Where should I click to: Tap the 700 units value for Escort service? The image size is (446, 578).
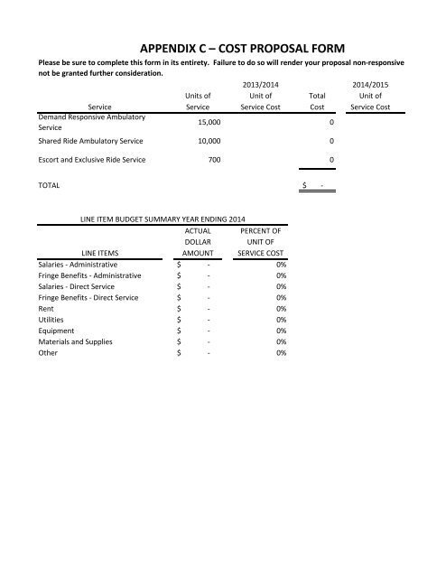coord(206,160)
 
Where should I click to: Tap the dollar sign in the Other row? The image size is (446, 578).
coord(179,353)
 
